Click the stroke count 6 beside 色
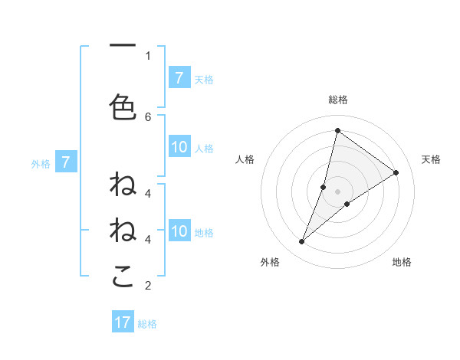(x=148, y=116)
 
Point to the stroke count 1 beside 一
(x=148, y=55)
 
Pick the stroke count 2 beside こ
(x=148, y=286)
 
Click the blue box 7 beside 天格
(x=179, y=78)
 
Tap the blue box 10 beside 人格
(x=179, y=148)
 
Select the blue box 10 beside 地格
(x=179, y=232)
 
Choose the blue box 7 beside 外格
(x=67, y=162)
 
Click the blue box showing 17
(x=123, y=322)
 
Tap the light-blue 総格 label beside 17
(x=148, y=323)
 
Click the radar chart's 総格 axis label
(x=337, y=100)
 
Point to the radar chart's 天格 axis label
(x=431, y=159)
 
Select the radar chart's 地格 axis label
(x=402, y=262)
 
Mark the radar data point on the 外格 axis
(x=302, y=242)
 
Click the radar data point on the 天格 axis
(x=396, y=173)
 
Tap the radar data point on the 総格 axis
(x=337, y=130)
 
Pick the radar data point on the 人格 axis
(x=324, y=187)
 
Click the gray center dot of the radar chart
(x=337, y=191)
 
